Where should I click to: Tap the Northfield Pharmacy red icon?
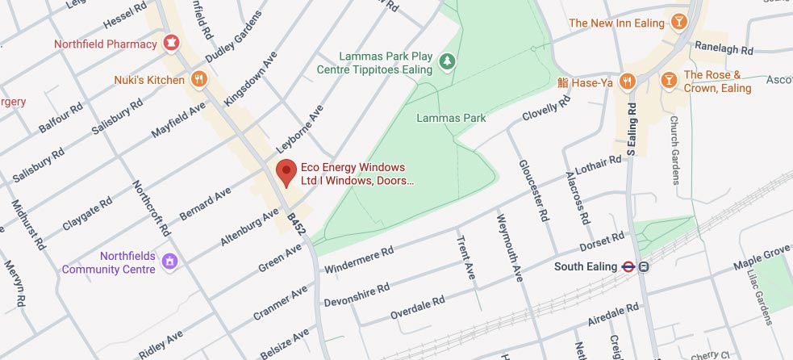[x=170, y=42]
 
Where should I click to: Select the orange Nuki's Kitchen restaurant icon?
[x=198, y=78]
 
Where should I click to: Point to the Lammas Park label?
[x=451, y=118]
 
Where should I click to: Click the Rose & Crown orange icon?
[x=668, y=80]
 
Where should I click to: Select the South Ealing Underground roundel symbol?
[x=627, y=266]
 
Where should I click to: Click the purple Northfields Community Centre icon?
[x=169, y=262]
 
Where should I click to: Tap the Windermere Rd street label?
[x=358, y=260]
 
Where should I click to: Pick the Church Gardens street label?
[x=674, y=149]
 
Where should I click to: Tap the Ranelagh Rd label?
[x=724, y=49]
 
